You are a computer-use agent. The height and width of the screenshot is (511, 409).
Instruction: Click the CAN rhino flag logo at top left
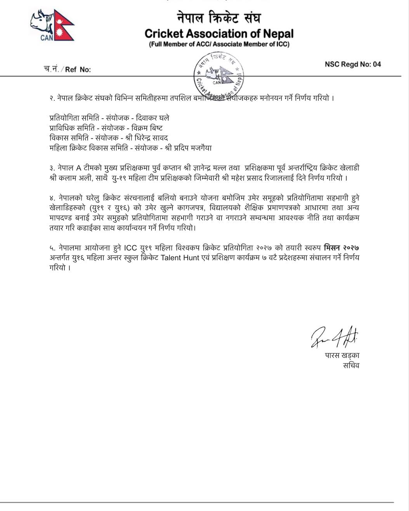tap(52, 26)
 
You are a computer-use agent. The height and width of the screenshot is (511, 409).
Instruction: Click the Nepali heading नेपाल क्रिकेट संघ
tap(219, 18)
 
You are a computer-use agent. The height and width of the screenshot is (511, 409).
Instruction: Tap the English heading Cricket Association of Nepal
tap(219, 33)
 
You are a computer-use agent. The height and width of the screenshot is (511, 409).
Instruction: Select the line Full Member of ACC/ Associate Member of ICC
tap(219, 44)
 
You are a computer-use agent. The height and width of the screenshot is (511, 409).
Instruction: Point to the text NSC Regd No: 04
tap(353, 64)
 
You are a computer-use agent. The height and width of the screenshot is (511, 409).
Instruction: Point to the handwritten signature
tap(334, 336)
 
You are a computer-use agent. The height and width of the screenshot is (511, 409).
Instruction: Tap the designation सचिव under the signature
tap(350, 365)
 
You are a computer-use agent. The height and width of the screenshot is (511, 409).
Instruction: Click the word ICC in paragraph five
tap(131, 248)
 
